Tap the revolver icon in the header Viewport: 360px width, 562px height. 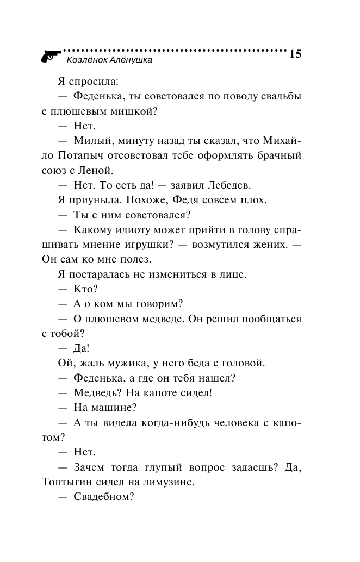click(50, 55)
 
